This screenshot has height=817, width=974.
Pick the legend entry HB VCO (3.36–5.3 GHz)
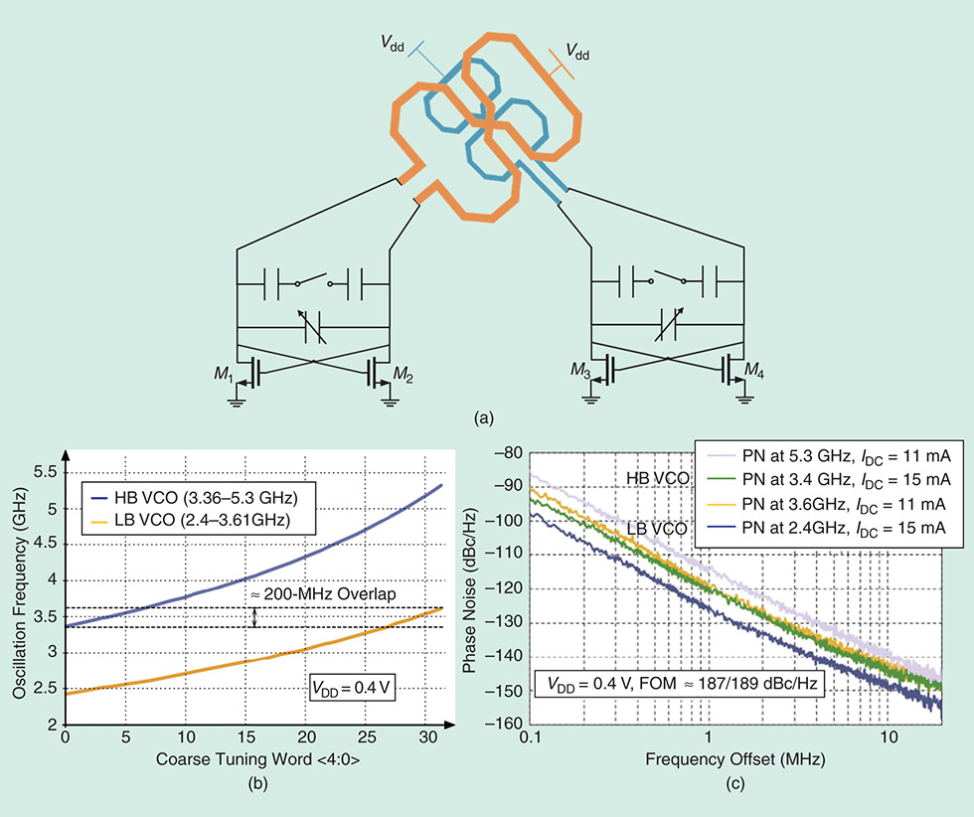pos(195,495)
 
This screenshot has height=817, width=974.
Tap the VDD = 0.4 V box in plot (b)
pos(348,687)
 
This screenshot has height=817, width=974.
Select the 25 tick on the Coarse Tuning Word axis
pos(367,739)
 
